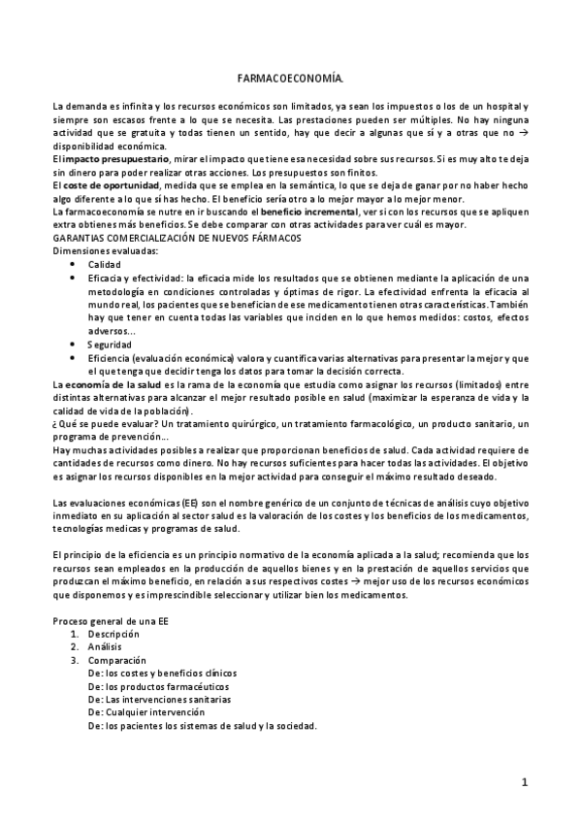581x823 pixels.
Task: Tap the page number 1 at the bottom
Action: click(524, 782)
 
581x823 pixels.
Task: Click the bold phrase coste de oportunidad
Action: click(106, 184)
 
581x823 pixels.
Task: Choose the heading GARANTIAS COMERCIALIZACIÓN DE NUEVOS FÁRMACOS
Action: click(178, 237)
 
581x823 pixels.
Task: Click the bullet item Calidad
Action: click(104, 264)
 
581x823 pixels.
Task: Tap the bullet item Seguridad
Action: click(109, 344)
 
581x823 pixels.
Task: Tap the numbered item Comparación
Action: click(116, 659)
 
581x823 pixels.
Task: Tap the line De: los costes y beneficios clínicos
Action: click(162, 673)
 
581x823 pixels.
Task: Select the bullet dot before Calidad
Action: click(77, 264)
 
